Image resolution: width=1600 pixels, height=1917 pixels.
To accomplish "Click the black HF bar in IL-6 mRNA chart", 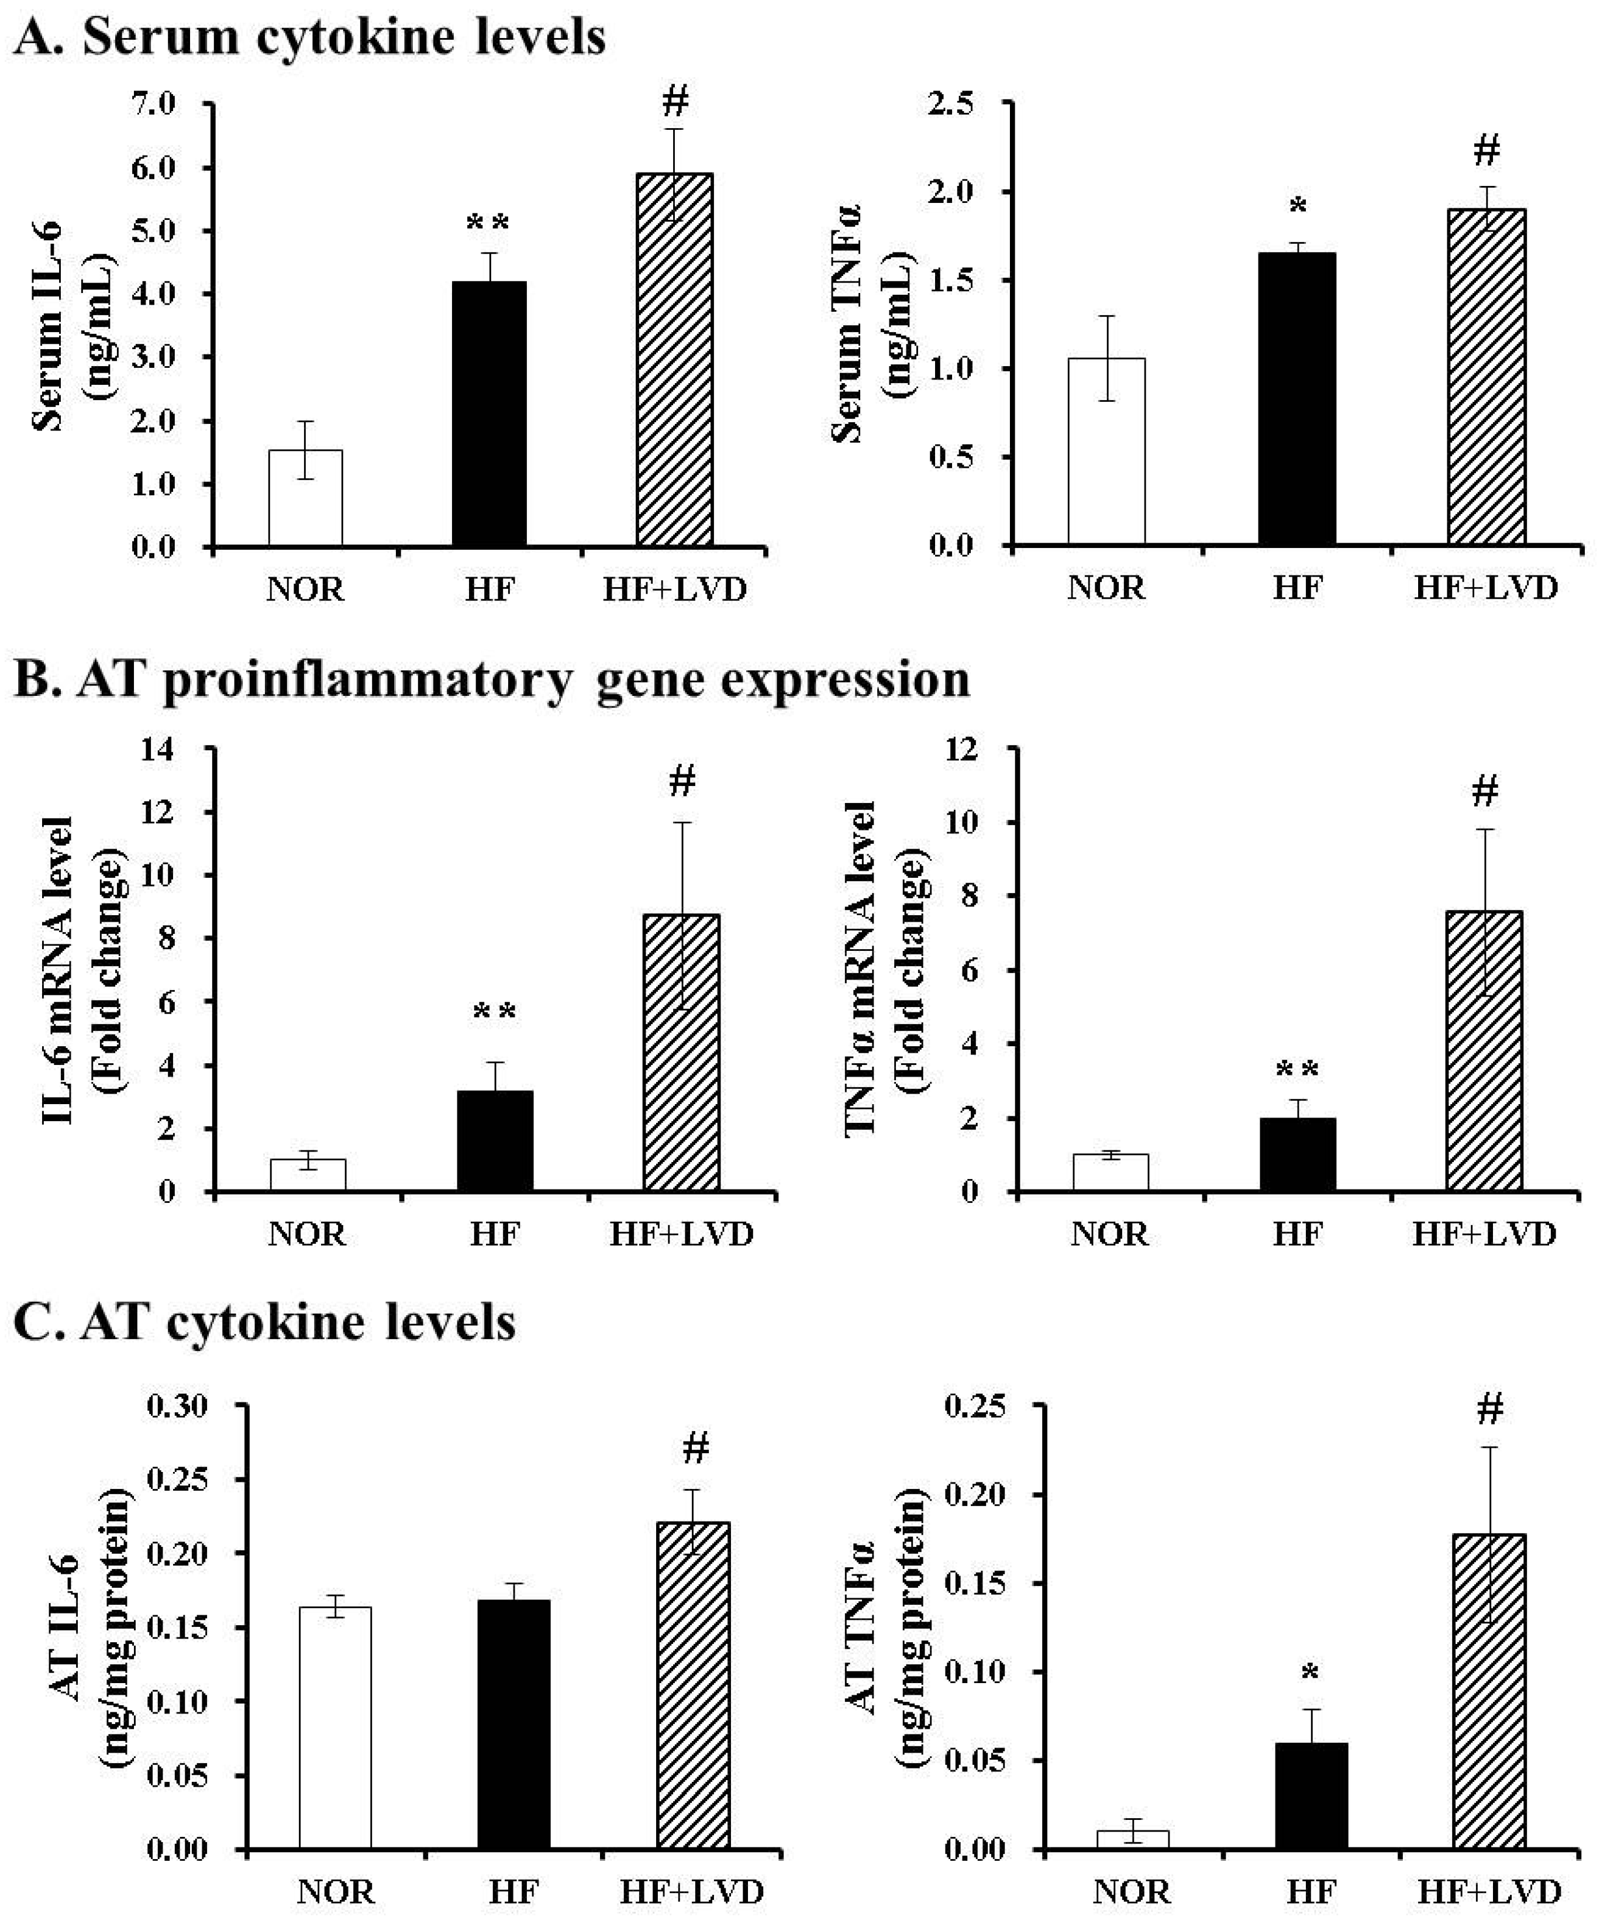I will pos(495,1140).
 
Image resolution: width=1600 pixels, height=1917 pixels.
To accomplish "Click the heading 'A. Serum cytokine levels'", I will pos(311,39).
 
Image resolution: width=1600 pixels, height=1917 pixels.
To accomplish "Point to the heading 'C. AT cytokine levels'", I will pos(265,1321).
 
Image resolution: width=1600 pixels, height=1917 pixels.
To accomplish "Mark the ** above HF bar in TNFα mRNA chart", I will pos(1297,1067).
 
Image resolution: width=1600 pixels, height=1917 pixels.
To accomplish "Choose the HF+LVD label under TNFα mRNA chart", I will pos(1484,1234).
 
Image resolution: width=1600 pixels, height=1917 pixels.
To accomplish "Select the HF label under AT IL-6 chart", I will pos(514,1891).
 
